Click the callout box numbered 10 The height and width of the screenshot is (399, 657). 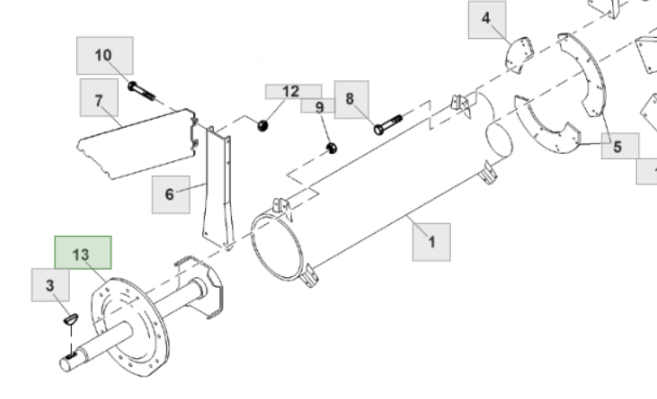click(105, 55)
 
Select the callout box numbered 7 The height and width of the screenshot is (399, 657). click(99, 98)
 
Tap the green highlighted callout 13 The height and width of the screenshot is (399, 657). click(83, 253)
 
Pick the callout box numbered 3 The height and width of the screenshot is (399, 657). click(50, 286)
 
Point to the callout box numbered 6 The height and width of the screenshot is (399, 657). click(171, 195)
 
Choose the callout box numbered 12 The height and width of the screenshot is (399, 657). click(293, 92)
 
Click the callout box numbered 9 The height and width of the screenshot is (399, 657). click(318, 106)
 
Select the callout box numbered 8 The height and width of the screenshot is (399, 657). click(351, 100)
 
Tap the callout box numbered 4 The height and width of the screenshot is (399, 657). click(486, 20)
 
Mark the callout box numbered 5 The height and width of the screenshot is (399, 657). click(620, 146)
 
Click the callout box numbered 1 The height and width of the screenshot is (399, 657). click(432, 242)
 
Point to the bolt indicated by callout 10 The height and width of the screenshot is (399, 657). click(142, 91)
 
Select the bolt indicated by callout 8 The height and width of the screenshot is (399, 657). click(388, 125)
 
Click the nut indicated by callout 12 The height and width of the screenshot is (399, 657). click(263, 125)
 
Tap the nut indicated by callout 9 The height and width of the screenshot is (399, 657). click(332, 148)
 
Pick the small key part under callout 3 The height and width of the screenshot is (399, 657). click(71, 319)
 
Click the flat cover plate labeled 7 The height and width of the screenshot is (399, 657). click(136, 144)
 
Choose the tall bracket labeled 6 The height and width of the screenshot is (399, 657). click(217, 189)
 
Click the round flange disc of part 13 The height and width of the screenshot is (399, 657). click(131, 326)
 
